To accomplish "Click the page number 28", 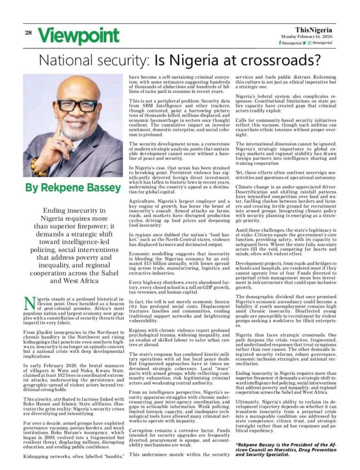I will pos(28,32).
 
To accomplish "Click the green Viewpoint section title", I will pos(78,35).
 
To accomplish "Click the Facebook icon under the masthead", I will pos(280,43).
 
